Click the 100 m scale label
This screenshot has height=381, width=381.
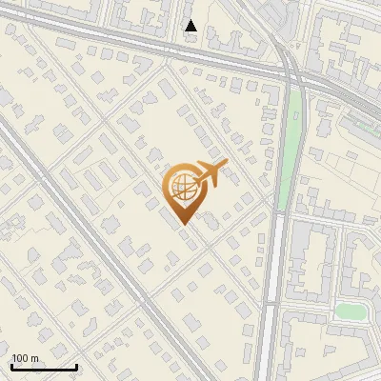tap(25, 358)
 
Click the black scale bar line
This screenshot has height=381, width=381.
tap(44, 367)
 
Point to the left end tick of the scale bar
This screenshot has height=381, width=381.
tap(11, 365)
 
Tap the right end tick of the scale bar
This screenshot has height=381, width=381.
tap(76, 365)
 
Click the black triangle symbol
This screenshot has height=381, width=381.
tap(191, 26)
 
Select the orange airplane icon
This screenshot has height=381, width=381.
tap(208, 176)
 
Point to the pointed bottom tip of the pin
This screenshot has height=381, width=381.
tap(183, 224)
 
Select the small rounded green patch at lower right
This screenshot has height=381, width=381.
tap(352, 311)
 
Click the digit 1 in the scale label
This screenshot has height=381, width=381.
tap(14, 358)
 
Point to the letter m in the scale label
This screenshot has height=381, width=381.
tap(34, 359)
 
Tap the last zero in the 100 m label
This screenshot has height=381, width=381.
tap(26, 358)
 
